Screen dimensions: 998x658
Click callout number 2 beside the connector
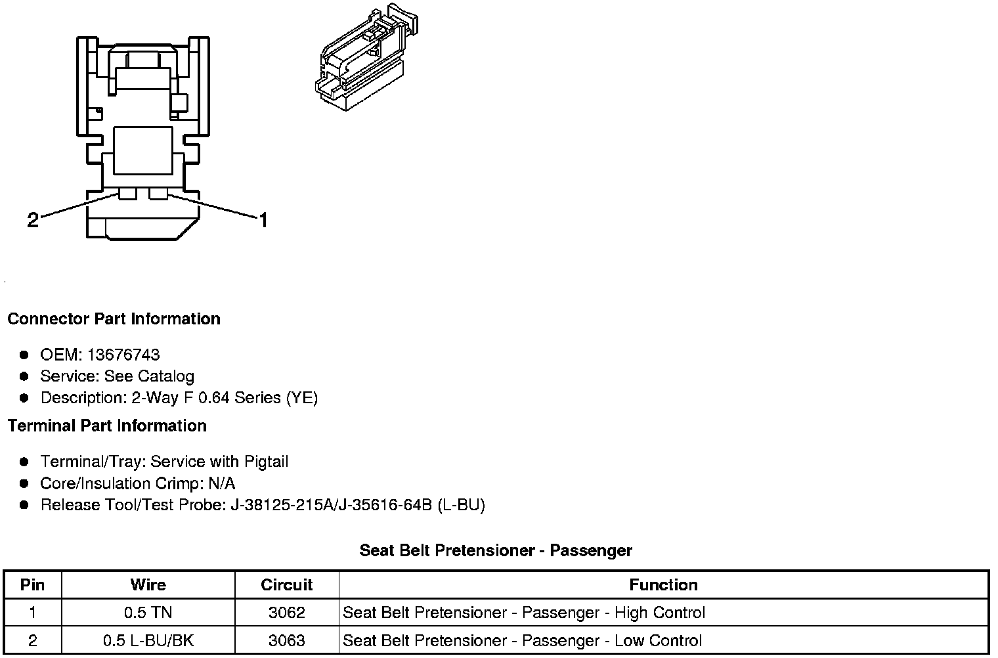(33, 220)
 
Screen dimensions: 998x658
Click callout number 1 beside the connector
(263, 220)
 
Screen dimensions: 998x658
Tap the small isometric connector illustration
(366, 57)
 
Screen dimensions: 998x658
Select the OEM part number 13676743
(123, 355)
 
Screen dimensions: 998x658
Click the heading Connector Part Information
(114, 319)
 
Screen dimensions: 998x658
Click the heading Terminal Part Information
(108, 426)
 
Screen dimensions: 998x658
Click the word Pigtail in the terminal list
(267, 462)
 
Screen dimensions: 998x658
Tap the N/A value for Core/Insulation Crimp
(221, 483)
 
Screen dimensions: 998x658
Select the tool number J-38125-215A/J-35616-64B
(331, 505)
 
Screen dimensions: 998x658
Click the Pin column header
(33, 585)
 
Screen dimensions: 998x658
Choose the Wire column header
(148, 585)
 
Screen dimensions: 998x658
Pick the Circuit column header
(286, 585)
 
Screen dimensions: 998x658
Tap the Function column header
(663, 585)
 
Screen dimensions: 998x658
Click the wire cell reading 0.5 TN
(148, 613)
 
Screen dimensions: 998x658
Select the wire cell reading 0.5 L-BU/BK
(148, 641)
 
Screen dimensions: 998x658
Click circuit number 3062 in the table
(286, 613)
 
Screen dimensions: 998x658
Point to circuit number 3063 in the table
(286, 641)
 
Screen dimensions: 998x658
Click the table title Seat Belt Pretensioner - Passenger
(496, 551)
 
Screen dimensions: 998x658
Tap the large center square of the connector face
(143, 150)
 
